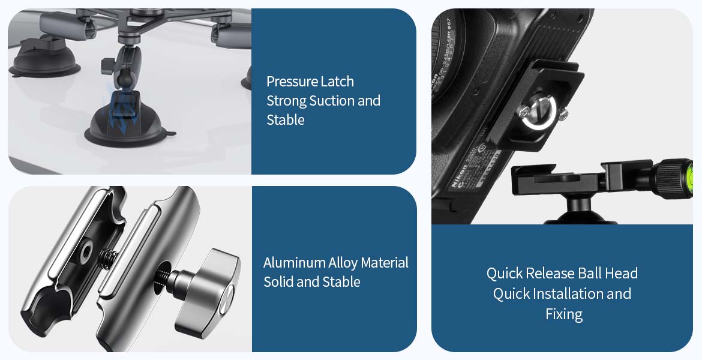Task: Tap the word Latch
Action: point(338,82)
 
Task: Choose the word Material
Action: point(385,262)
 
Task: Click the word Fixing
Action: point(564,314)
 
